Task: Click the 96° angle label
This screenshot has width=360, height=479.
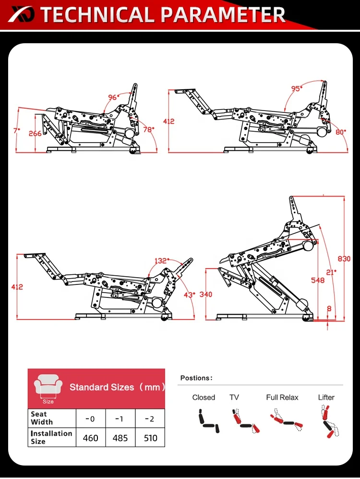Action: point(114,97)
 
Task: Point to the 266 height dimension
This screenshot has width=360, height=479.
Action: point(35,134)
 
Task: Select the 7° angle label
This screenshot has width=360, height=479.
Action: point(16,130)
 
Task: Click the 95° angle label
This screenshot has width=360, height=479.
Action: point(297,89)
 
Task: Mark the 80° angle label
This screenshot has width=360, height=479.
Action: point(341,131)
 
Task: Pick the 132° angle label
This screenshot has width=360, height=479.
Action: point(161,261)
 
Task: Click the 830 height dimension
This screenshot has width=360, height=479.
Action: point(344,258)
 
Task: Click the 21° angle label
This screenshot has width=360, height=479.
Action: point(331,272)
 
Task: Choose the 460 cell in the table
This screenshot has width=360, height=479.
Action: point(90,438)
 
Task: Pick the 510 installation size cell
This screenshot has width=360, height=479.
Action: point(150,438)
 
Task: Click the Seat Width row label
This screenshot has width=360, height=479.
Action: point(39,418)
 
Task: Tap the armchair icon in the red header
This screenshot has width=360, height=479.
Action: point(48,385)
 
